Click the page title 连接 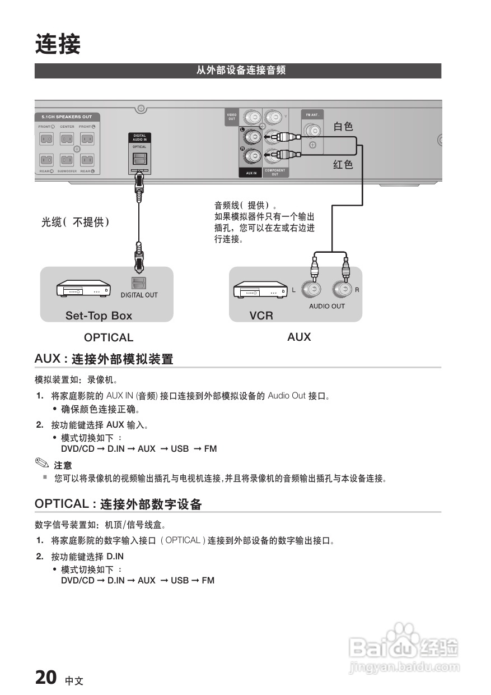click(x=58, y=45)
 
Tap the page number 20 click(x=45, y=678)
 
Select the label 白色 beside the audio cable click(x=343, y=127)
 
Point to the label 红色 click(x=343, y=164)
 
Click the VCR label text click(x=261, y=316)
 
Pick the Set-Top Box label click(x=99, y=316)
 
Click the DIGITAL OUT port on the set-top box click(x=138, y=284)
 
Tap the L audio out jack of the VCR click(x=311, y=290)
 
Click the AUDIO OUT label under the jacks click(x=327, y=306)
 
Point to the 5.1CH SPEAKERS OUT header click(x=67, y=117)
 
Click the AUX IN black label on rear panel click(x=251, y=173)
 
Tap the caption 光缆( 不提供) click(x=75, y=223)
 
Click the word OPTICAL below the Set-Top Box click(x=109, y=337)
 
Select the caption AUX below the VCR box click(x=299, y=337)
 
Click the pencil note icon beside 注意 click(x=42, y=464)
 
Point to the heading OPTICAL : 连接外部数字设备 click(x=118, y=504)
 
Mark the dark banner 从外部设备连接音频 click(x=238, y=71)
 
